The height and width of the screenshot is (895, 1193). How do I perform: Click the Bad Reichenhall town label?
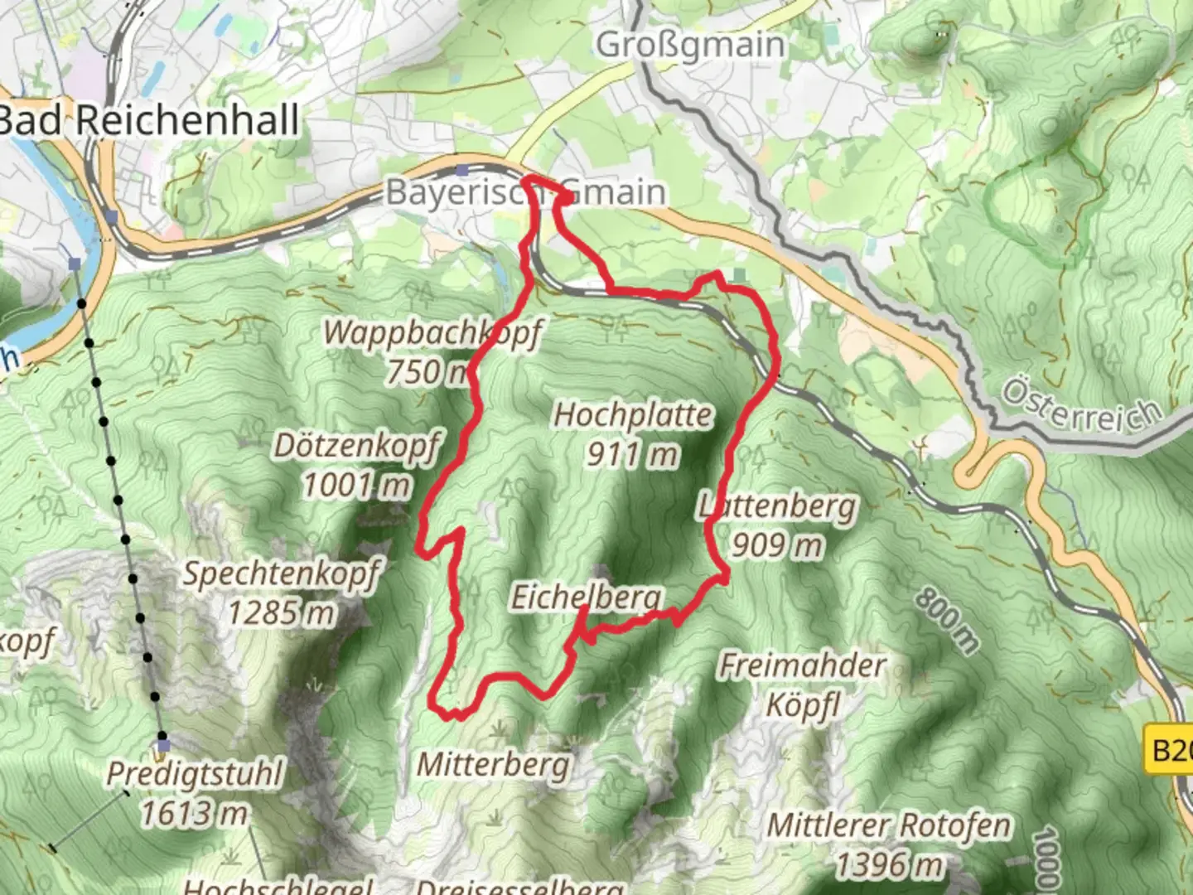pos(149,121)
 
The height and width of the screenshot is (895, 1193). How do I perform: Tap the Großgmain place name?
pos(690,45)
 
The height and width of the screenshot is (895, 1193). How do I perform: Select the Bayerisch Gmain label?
pos(525,192)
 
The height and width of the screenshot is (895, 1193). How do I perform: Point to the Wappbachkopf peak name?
pos(432,333)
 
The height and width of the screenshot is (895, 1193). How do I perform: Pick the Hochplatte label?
pos(633,415)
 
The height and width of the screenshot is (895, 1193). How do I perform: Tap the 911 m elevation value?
pos(633,454)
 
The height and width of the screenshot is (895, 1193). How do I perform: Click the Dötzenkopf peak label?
pos(356,446)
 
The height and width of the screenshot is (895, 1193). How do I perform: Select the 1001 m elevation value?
pos(356,485)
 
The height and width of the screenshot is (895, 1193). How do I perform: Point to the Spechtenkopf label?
pos(282,573)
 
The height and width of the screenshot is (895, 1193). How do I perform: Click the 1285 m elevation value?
pos(282,613)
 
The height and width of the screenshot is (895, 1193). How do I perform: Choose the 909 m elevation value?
pos(777,545)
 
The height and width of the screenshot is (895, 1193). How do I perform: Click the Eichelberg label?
pos(587,597)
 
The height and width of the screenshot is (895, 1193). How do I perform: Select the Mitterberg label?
pos(494,764)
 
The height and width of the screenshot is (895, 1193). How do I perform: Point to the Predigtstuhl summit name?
pos(195,775)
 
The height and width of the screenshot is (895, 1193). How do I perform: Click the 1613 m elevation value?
pos(195,814)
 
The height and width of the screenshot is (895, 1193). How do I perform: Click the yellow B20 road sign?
pos(1170,751)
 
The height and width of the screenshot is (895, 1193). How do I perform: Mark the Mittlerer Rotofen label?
pos(889,826)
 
